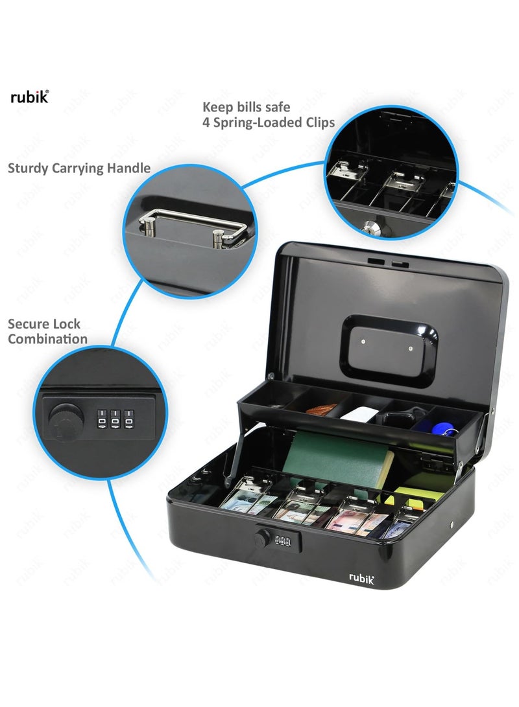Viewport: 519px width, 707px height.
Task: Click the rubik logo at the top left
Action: point(29,98)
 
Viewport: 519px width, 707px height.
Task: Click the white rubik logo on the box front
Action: point(363,576)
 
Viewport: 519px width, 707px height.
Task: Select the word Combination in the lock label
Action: point(47,339)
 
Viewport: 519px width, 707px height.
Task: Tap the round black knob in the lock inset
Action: point(63,415)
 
